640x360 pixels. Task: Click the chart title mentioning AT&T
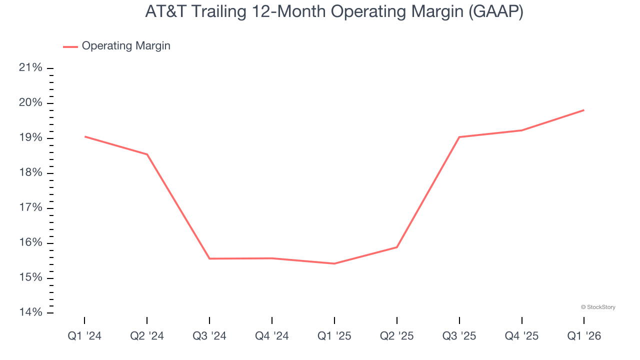coord(334,11)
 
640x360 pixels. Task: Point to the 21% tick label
coord(30,68)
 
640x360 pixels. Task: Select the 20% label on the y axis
coord(30,103)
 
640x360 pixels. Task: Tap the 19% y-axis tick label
coord(30,138)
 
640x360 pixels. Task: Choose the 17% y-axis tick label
coord(30,208)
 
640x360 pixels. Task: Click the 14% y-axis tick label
coord(30,313)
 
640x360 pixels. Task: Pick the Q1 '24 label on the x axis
coord(84,336)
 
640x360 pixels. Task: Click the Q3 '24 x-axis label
coord(209,336)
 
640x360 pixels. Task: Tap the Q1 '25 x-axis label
coord(334,336)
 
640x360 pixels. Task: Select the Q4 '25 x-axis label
coord(522,336)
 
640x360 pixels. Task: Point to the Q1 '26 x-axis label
coord(584,336)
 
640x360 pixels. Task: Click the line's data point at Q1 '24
coord(84,136)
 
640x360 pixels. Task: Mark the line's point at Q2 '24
coord(147,154)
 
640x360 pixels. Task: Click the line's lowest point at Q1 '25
coord(334,263)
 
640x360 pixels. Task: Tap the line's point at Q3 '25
coord(459,137)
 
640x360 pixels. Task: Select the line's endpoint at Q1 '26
coord(584,110)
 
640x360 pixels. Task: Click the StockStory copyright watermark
coord(598,307)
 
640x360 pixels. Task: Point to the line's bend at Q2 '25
coord(397,247)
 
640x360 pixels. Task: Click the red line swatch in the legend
coord(70,46)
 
